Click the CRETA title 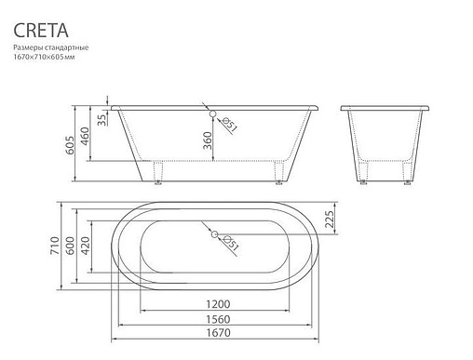[x=41, y=31]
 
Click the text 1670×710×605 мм [x=44, y=57]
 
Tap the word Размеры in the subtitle [x=29, y=47]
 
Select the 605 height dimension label [x=70, y=145]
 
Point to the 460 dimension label [x=85, y=136]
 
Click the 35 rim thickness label [x=101, y=120]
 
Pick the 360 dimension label [x=208, y=140]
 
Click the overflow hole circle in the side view [x=212, y=113]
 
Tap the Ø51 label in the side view [x=230, y=124]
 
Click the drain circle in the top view [x=214, y=234]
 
